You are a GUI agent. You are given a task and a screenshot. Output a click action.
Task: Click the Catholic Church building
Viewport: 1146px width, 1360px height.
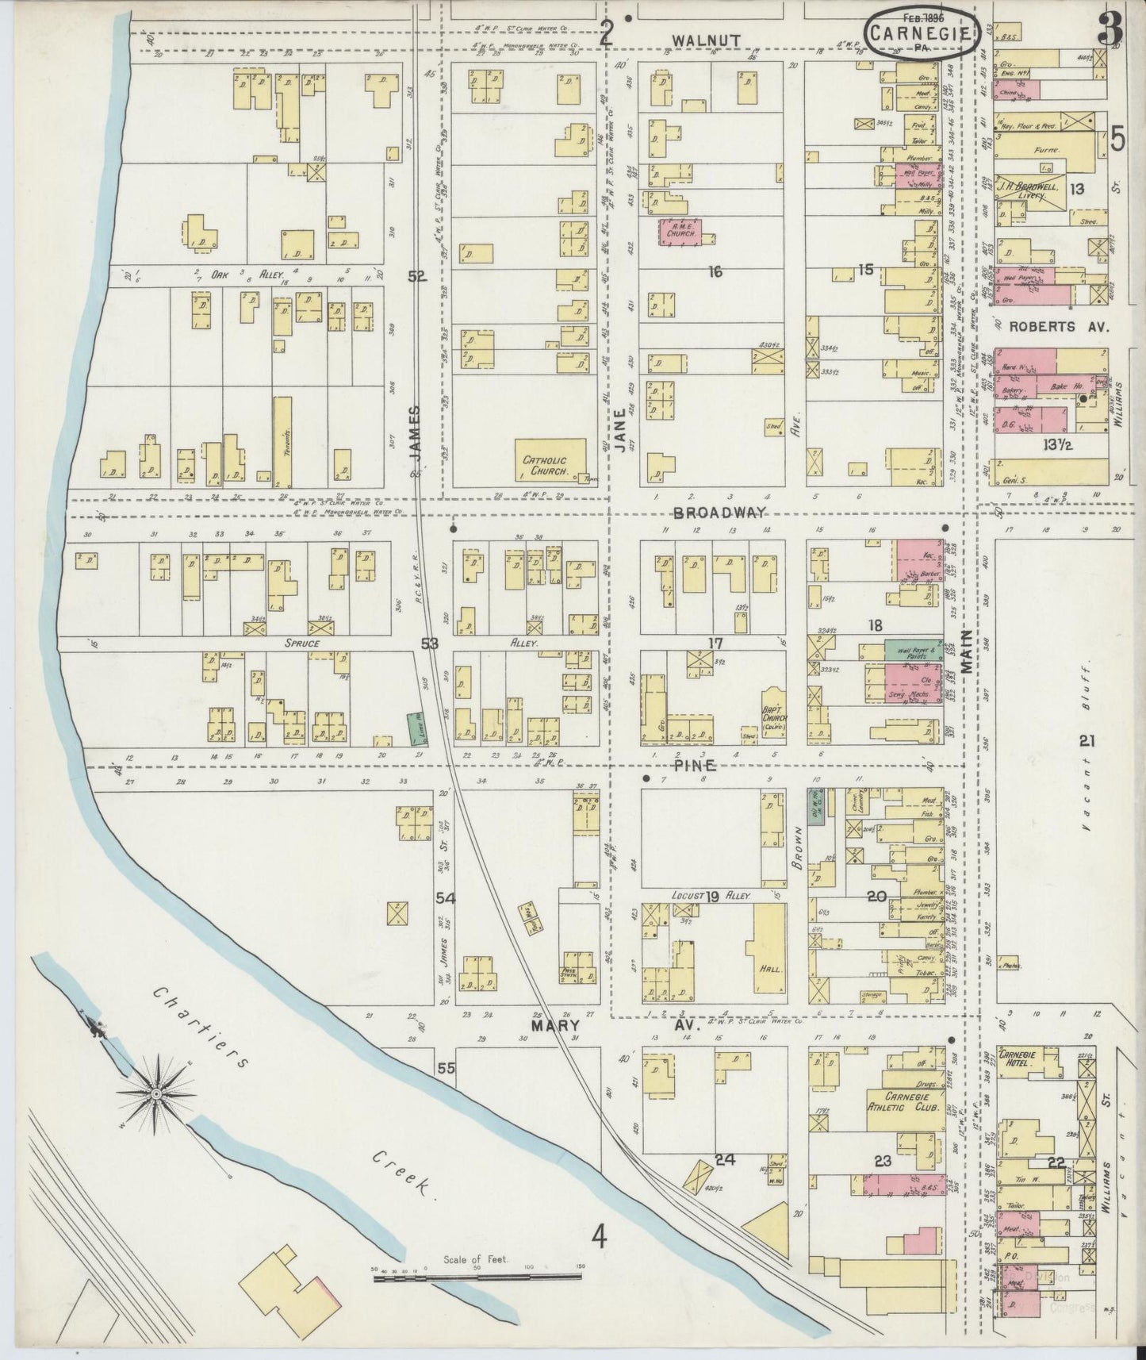coord(551,459)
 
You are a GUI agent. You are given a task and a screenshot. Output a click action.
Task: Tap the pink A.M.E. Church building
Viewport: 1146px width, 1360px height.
coord(676,232)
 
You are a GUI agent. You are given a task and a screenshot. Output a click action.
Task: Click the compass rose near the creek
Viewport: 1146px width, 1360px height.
coord(156,1095)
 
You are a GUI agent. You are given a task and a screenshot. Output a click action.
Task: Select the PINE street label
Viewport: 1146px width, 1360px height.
coord(696,766)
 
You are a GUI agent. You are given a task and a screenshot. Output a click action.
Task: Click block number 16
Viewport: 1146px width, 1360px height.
coord(715,272)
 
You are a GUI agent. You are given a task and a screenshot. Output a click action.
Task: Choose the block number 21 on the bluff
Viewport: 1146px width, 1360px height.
coord(1087,741)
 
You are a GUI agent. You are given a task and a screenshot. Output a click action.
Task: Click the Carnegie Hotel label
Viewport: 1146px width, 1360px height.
coord(1028,1056)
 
